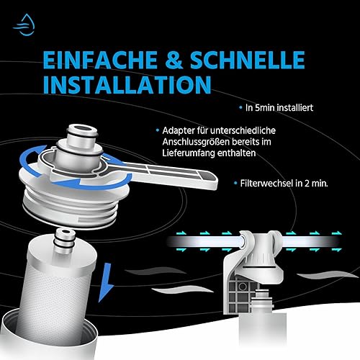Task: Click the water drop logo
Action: point(24,25)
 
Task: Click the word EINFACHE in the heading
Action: point(100,60)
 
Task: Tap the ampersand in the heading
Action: point(174,60)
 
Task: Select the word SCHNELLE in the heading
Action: point(248,60)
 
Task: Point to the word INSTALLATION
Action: point(127,85)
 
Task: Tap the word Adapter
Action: point(179,131)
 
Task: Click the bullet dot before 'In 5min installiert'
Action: point(240,108)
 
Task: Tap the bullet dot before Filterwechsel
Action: point(235,184)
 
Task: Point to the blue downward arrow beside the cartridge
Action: point(106,283)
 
